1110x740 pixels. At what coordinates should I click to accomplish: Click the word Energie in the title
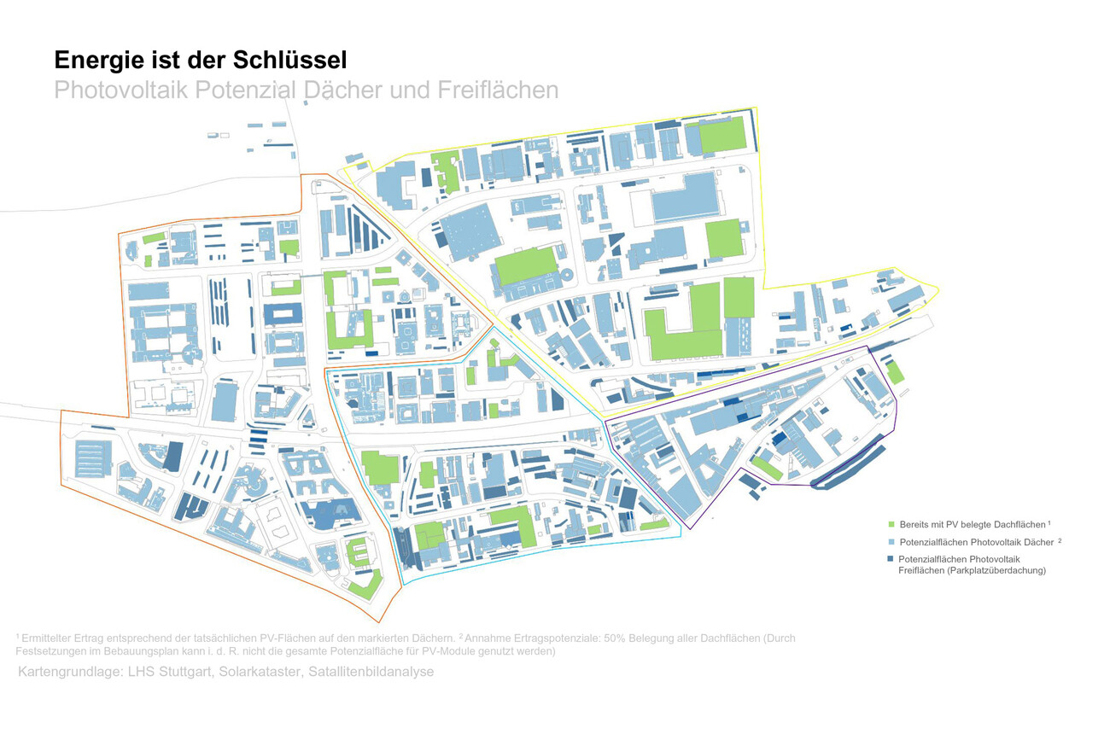pos(96,61)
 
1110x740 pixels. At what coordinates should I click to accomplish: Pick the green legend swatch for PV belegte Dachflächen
pos(891,524)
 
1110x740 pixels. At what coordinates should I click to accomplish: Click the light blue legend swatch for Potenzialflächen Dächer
pos(891,542)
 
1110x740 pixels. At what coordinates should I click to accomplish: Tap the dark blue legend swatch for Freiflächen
pos(891,559)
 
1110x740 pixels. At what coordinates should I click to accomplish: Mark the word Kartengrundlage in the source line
pos(69,672)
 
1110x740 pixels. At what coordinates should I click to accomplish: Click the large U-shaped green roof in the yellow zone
pos(683,329)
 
